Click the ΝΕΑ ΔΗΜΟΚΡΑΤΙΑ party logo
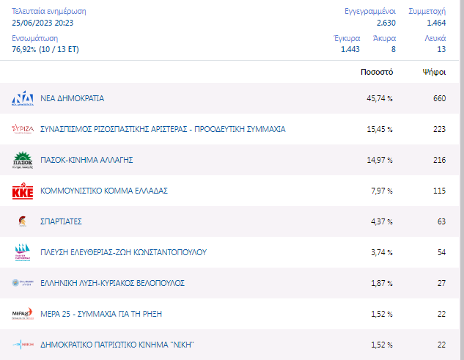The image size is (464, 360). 23,99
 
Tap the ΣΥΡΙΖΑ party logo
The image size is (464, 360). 23,129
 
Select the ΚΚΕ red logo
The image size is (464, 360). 23,191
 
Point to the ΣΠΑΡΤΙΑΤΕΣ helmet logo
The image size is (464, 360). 23,221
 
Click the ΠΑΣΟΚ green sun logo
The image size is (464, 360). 23,160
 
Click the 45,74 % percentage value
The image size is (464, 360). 380,98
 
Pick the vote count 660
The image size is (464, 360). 439,98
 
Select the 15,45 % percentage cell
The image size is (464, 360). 380,129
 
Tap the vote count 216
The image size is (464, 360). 439,160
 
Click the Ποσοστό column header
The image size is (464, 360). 378,72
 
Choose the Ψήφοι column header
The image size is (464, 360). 434,72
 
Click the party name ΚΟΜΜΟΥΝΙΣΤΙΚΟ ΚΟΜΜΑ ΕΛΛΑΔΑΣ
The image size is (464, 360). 104,191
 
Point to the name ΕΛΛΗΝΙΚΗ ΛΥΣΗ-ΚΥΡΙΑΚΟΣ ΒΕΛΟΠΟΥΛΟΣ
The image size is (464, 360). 112,283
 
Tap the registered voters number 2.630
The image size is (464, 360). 386,23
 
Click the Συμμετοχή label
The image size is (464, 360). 427,11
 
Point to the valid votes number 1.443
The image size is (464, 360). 350,49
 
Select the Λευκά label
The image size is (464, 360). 435,37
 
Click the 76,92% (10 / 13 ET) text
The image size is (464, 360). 45,49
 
